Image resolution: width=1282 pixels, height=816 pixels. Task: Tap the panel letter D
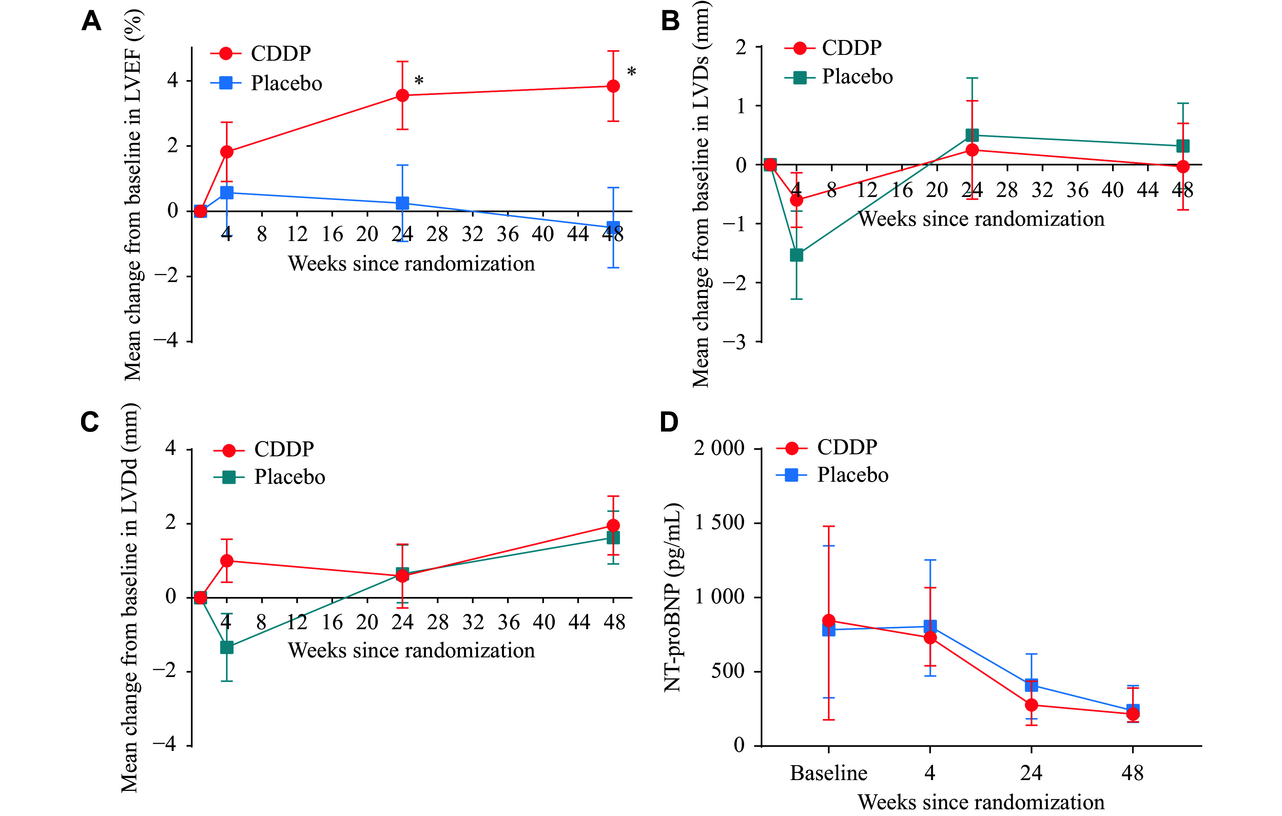(x=669, y=422)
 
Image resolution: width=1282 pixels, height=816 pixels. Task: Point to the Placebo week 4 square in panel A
(x=227, y=193)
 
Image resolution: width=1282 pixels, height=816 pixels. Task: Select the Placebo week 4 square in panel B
(x=796, y=255)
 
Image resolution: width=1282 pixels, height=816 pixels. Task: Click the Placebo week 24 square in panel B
(x=972, y=135)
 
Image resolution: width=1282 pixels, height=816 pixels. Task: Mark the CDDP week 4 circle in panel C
(x=227, y=560)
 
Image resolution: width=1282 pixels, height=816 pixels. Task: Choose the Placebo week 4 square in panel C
(x=227, y=647)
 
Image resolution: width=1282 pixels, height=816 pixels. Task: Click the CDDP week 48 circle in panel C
(x=613, y=525)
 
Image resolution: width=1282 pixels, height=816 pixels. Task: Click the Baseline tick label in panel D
(x=829, y=773)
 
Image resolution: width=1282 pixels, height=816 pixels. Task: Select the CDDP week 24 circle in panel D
(x=1031, y=705)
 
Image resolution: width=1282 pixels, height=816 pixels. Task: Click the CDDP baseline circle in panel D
(x=829, y=620)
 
